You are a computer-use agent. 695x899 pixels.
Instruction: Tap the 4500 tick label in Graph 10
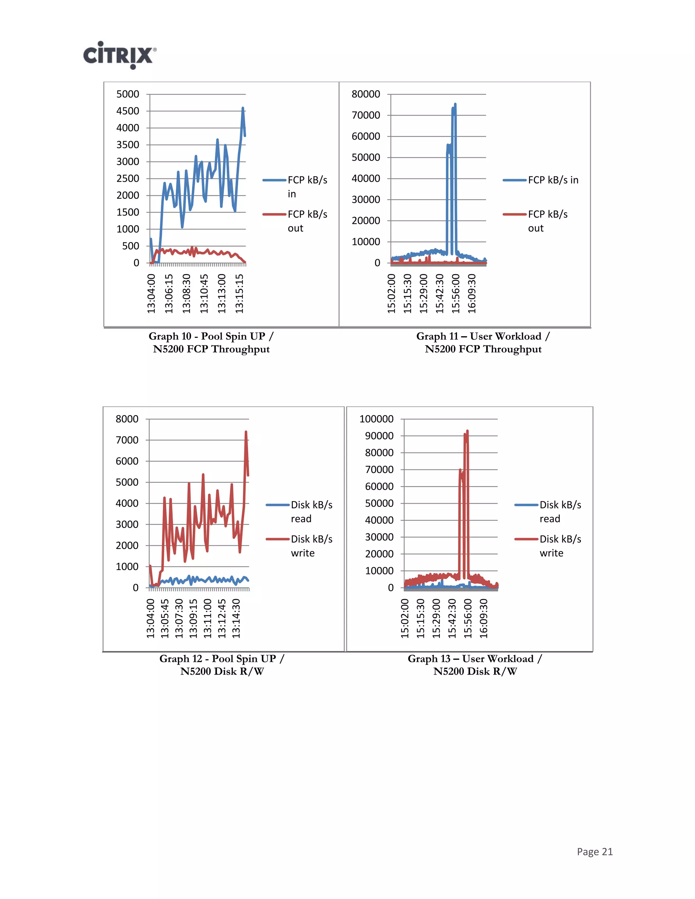point(128,111)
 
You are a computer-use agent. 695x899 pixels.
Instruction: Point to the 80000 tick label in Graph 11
point(365,94)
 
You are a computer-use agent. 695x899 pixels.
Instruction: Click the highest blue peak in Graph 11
point(455,104)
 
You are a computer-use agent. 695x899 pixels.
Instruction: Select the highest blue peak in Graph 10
point(243,109)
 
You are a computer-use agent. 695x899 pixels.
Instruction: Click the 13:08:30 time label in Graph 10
point(187,293)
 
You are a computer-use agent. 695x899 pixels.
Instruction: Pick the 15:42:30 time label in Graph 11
point(440,293)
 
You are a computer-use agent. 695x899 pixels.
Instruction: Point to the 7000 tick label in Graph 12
point(127,440)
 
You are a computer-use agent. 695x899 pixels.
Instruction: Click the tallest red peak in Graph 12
point(246,432)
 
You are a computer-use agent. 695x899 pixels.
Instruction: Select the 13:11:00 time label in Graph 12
point(207,618)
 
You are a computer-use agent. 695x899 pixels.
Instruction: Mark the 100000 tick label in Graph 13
point(376,419)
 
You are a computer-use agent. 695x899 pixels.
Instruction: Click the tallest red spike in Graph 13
point(467,432)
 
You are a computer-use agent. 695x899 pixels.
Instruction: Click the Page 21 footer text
point(595,852)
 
